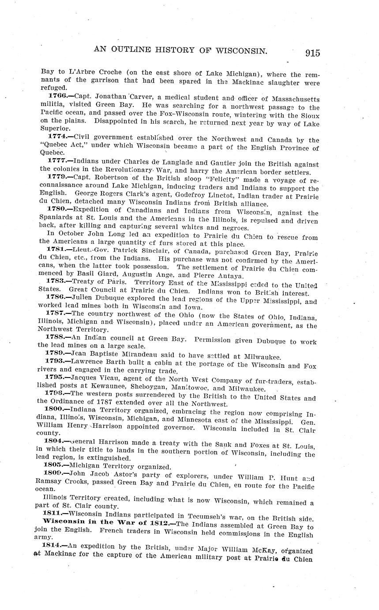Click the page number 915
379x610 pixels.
point(312,53)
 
